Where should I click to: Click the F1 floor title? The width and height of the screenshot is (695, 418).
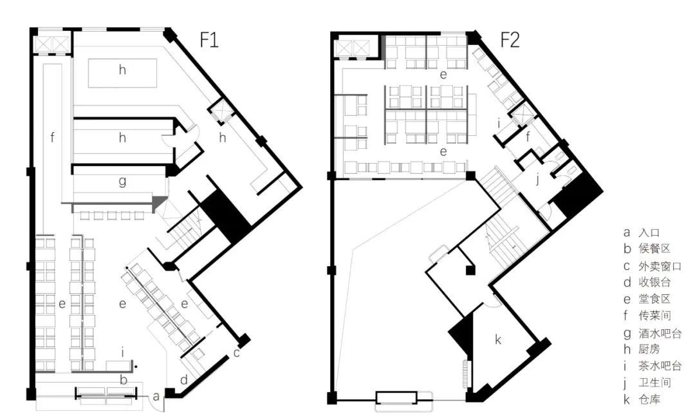tap(209, 41)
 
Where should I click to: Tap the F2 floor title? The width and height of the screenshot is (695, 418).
tap(510, 41)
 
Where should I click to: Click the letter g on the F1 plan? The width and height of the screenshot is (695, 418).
tap(122, 182)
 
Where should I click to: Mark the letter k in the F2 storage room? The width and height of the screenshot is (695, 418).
tap(498, 339)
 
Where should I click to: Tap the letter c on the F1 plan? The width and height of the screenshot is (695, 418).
tap(237, 352)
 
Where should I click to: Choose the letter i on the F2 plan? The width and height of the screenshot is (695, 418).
tap(499, 122)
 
